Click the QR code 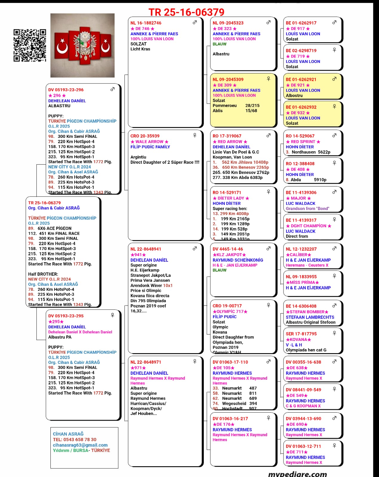pos(30,45)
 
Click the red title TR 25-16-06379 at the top pos(186,12)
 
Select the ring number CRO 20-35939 pos(145,136)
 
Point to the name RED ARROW pos(230,142)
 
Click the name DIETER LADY pos(231,198)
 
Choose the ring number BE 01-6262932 pos(301,107)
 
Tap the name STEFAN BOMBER pos(307,312)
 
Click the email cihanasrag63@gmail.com pos(80,445)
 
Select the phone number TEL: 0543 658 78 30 pos(75,439)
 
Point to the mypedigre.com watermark pos(297,474)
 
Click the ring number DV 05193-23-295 pos(66,316)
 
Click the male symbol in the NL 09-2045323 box pos(268,22)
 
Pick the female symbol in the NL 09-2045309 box pos(268,79)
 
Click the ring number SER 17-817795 pos(301,334)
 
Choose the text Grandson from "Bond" pos(307,209)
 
